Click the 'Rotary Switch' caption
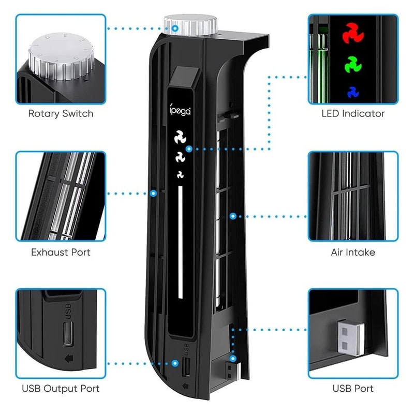61,113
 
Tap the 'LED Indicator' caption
353,113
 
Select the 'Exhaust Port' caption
61,253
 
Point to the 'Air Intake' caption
353,253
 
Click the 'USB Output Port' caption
61,388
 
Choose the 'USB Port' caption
353,388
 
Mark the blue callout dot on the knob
175,26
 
